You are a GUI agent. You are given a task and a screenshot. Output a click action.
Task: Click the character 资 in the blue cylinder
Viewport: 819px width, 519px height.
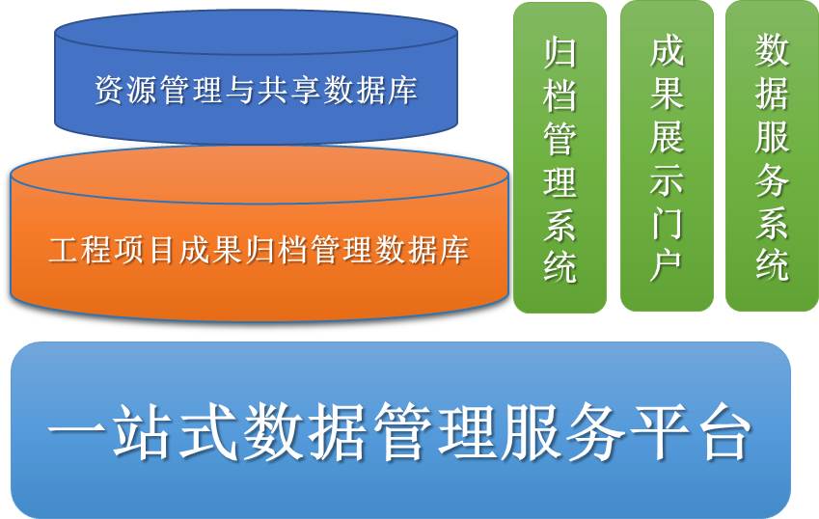tap(110, 90)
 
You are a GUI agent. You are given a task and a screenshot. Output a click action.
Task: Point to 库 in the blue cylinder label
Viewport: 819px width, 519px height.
tap(402, 90)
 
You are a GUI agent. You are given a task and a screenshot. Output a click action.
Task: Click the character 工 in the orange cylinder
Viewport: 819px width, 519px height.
tap(65, 250)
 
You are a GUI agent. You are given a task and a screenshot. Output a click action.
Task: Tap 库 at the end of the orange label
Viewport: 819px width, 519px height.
tap(454, 250)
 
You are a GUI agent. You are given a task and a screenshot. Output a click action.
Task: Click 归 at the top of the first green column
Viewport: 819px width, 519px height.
tap(560, 52)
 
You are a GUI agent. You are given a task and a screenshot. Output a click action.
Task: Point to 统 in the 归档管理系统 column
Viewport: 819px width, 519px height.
tap(560, 266)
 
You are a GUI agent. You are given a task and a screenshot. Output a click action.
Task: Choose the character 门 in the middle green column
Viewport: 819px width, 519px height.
tap(667, 224)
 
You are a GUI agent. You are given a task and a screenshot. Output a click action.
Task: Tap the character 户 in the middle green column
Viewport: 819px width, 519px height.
tap(667, 266)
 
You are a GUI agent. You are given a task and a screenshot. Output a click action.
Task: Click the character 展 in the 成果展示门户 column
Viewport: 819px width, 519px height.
tap(667, 138)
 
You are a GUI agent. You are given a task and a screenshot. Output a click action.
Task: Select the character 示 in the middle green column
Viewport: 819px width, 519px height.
tap(667, 180)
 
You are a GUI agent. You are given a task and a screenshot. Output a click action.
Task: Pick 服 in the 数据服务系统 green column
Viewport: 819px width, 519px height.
tap(772, 138)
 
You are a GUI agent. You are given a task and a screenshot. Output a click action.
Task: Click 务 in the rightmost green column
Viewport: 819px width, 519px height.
tap(772, 180)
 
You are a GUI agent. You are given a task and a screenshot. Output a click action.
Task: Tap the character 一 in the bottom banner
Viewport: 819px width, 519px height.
tap(77, 431)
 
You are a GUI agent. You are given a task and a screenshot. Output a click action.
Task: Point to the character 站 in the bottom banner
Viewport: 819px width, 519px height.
tap(143, 431)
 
